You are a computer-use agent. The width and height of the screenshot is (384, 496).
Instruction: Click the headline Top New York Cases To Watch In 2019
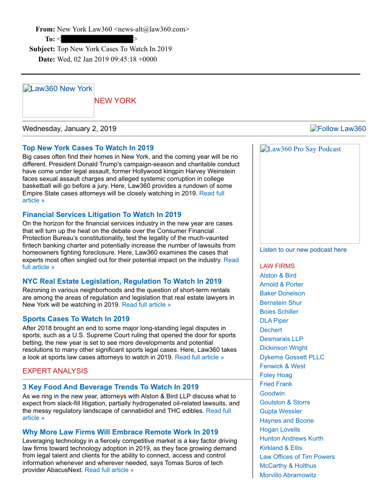click(x=88, y=148)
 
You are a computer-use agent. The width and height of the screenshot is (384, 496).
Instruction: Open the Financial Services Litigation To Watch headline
click(x=102, y=215)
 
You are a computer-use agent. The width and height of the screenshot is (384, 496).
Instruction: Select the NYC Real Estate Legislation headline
click(x=122, y=281)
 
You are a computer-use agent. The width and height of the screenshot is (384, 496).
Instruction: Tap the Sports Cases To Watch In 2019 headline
click(x=76, y=319)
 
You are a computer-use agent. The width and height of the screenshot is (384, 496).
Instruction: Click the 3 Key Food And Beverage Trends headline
click(x=111, y=387)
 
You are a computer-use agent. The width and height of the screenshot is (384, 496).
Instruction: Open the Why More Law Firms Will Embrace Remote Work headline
click(x=120, y=432)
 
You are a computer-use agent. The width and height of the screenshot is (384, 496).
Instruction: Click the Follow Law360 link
click(x=338, y=129)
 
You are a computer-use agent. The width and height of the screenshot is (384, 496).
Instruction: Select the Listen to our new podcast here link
click(x=303, y=250)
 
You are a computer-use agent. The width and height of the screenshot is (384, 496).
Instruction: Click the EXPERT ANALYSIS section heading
click(x=55, y=371)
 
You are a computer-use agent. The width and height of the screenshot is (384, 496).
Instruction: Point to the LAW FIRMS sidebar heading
click(x=277, y=266)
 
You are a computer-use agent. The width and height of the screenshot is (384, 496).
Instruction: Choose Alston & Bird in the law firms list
click(x=278, y=275)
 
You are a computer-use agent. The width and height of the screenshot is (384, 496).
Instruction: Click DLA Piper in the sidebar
click(x=274, y=321)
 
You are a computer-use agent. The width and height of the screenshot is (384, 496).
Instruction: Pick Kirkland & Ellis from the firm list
click(x=281, y=448)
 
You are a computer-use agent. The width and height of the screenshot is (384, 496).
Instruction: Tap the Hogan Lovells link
click(x=280, y=430)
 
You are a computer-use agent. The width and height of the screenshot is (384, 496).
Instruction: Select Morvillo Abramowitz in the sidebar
click(x=288, y=475)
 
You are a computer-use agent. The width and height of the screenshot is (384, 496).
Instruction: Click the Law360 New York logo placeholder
click(x=58, y=100)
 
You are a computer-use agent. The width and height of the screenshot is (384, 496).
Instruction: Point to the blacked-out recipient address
click(x=97, y=39)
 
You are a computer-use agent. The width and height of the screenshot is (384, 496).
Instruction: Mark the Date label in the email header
click(x=47, y=59)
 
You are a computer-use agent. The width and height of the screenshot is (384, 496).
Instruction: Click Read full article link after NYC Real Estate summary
click(x=146, y=304)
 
